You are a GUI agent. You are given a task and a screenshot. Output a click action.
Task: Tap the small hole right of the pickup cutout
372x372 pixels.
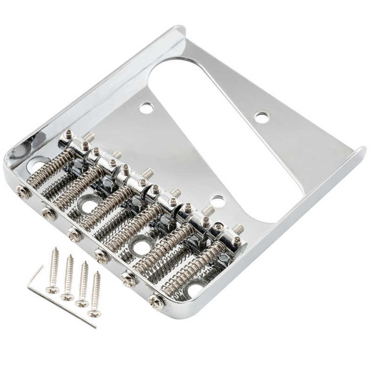pos(262,117)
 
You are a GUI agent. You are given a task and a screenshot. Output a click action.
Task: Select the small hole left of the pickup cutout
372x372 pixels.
pos(146,108)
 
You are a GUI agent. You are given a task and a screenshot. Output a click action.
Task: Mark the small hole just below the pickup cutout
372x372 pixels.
pos(217,201)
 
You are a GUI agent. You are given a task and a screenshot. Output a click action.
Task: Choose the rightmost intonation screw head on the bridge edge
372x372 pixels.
pos(157,302)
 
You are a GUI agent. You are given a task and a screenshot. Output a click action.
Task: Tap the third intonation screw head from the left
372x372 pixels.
pos(75,234)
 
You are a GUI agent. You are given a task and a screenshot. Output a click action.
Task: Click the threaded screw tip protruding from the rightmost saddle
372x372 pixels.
pos(239,229)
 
